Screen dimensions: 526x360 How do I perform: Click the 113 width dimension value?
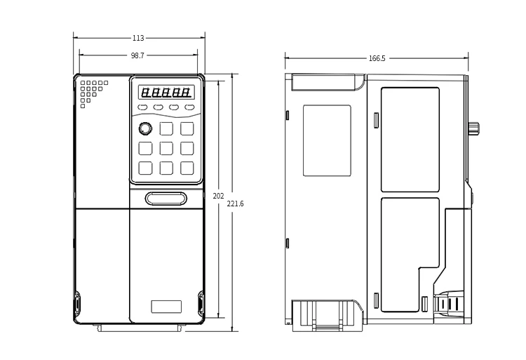[x=138, y=38]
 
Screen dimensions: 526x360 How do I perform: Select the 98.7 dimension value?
[x=137, y=55]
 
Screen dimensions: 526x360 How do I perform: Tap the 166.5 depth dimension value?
[x=377, y=58]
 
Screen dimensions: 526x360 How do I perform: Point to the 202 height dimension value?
[x=218, y=196]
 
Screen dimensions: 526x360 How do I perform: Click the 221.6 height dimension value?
[x=235, y=204]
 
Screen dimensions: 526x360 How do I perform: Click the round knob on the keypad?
[x=145, y=128]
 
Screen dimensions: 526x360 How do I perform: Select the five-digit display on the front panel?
[x=166, y=92]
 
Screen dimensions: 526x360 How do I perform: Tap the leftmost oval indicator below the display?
[x=142, y=107]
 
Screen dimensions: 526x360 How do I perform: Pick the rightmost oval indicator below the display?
[x=189, y=107]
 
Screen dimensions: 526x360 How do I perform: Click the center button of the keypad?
[x=166, y=148]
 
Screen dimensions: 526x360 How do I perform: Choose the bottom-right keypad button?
[x=187, y=168]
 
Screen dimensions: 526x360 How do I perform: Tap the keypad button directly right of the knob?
[x=166, y=128]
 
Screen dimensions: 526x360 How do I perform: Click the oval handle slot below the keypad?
[x=166, y=199]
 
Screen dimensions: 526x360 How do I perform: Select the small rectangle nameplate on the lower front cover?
[x=166, y=307]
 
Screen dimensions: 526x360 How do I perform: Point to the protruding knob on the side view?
[x=473, y=128]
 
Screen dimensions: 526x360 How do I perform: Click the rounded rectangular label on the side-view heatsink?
[x=327, y=140]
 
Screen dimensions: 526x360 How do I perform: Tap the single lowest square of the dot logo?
[x=83, y=106]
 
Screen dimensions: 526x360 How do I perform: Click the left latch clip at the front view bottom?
[x=77, y=304]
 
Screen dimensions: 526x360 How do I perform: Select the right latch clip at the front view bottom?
[x=201, y=304]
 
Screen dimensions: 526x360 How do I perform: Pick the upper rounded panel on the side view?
[x=410, y=140]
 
